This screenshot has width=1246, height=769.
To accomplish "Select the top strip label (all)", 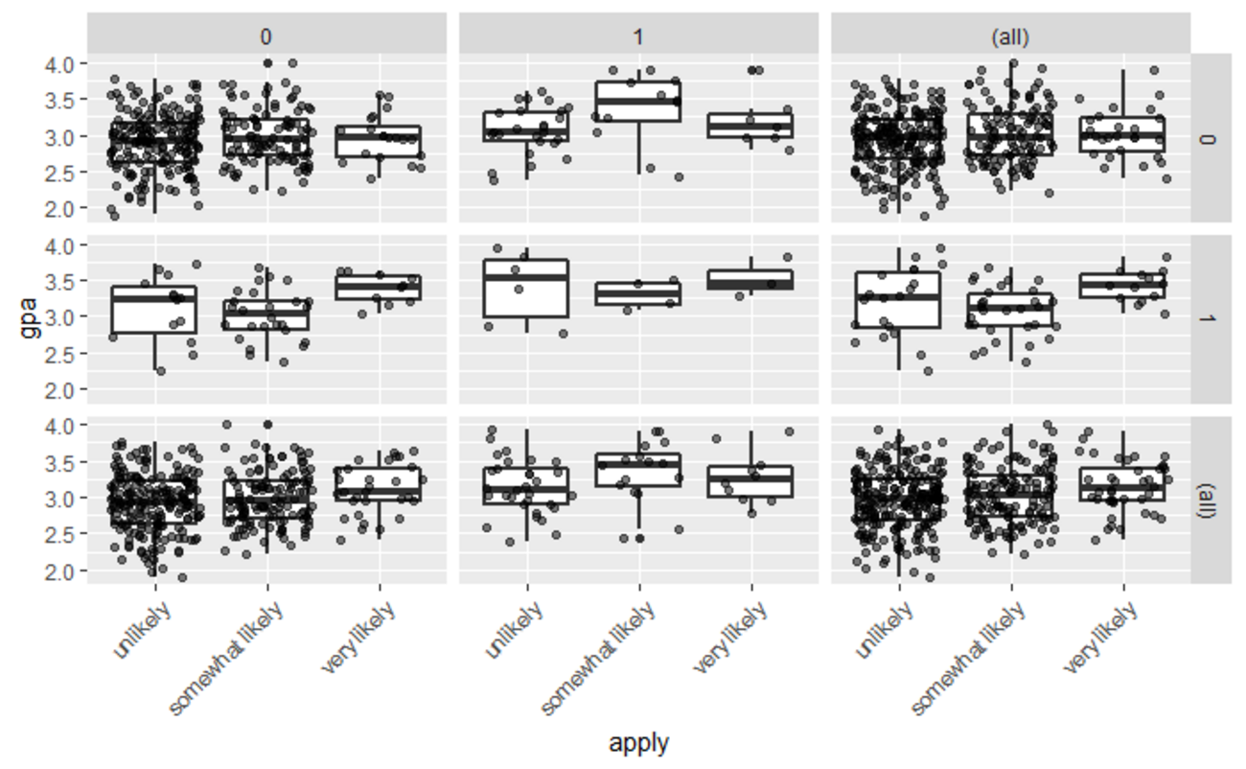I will (1010, 36).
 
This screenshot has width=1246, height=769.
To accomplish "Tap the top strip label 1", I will (638, 36).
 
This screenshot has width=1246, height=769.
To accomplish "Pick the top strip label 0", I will (266, 36).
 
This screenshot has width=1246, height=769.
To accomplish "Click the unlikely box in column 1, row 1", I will (526, 288).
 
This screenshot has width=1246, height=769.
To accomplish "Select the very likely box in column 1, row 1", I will (751, 279).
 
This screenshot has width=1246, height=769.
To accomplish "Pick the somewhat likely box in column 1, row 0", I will (638, 101).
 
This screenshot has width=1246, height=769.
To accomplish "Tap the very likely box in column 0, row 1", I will (380, 287).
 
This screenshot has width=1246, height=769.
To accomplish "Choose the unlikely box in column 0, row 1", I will (154, 309).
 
